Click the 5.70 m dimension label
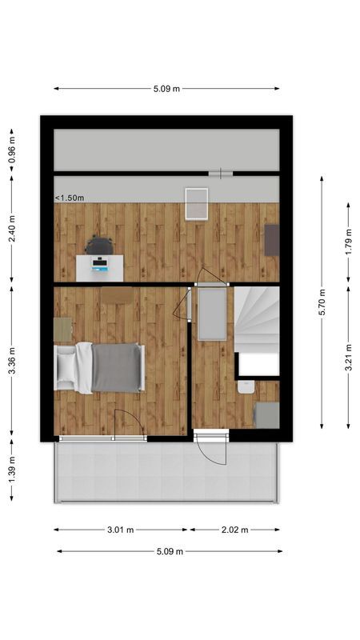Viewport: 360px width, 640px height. click(x=322, y=302)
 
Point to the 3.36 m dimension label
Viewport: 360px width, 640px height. click(x=11, y=359)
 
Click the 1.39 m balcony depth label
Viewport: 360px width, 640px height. click(x=11, y=469)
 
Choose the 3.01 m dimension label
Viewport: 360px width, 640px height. click(x=121, y=530)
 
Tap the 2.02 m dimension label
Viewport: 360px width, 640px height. click(x=234, y=530)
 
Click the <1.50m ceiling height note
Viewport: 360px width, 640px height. click(x=70, y=198)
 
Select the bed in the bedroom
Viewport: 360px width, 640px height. click(x=100, y=367)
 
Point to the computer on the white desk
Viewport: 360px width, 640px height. click(x=100, y=262)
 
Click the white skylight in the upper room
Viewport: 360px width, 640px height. click(x=195, y=202)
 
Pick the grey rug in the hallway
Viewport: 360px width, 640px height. click(x=211, y=314)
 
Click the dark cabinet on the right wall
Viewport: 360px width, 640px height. click(x=272, y=239)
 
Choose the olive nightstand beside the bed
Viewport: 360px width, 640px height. click(x=62, y=329)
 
